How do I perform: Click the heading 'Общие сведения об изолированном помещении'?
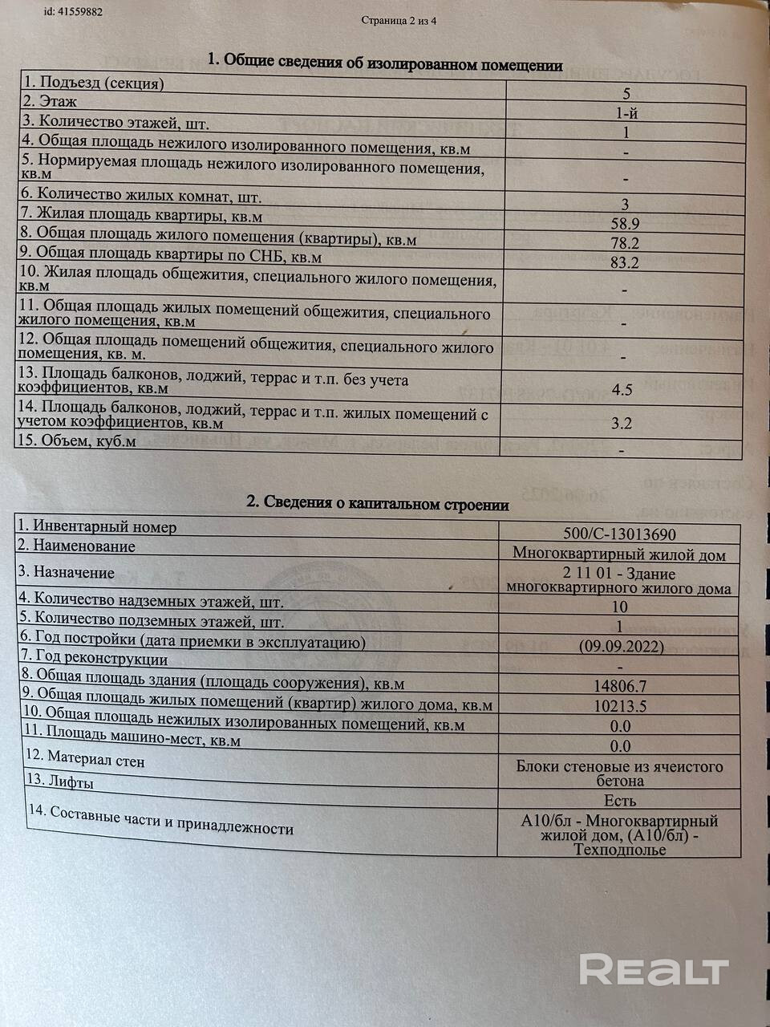(385, 62)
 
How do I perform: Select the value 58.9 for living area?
(626, 223)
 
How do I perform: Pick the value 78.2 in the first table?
(626, 242)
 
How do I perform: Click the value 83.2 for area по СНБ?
(626, 262)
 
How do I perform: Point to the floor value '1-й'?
(626, 113)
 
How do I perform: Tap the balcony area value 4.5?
(622, 390)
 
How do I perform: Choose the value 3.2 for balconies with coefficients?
(622, 424)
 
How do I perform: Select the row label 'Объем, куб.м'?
(79, 441)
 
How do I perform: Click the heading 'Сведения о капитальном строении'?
(377, 504)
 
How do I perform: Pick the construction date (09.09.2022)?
(620, 645)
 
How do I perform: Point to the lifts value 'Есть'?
(620, 800)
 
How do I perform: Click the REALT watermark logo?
(653, 970)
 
